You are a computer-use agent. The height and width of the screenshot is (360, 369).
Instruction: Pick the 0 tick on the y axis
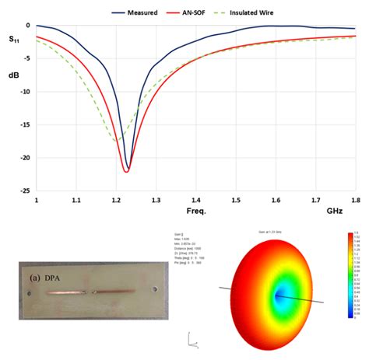27,26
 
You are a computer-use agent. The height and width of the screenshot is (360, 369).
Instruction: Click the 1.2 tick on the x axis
116,201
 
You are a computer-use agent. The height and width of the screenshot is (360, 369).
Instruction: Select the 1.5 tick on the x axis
236,201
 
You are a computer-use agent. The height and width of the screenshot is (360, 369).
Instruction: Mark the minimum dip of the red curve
127,171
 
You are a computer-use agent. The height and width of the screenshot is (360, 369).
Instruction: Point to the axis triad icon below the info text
189,337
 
